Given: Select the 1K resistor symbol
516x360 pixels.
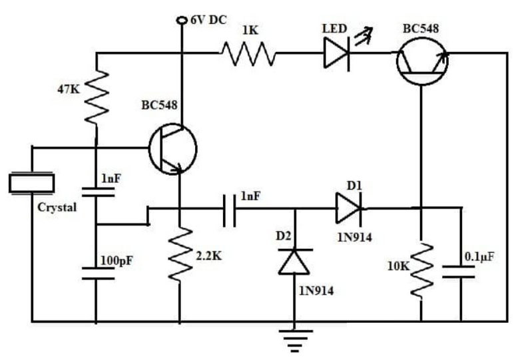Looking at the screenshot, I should click(x=248, y=53).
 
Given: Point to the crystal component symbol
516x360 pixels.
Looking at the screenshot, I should click(x=31, y=182).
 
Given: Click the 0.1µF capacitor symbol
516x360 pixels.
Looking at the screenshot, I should click(x=460, y=271).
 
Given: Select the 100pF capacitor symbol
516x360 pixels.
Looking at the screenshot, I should click(x=97, y=273).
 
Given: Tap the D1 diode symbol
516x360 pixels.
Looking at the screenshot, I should click(x=348, y=207).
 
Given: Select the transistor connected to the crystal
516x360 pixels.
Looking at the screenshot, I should click(x=172, y=148).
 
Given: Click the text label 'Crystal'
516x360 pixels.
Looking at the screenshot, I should click(x=57, y=207).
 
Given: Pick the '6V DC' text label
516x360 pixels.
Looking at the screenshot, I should click(x=208, y=20).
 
